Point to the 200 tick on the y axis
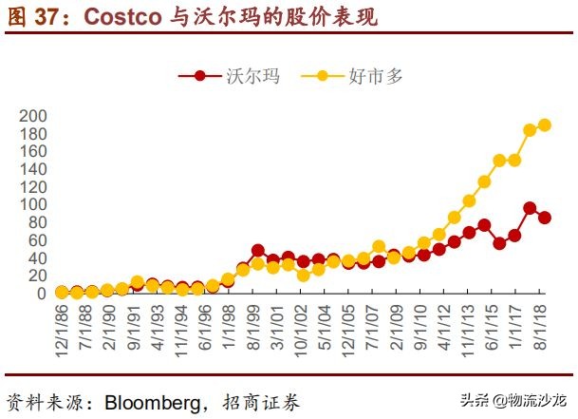click(x=31, y=115)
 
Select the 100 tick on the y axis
click(x=31, y=204)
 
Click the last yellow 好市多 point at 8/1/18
click(x=545, y=124)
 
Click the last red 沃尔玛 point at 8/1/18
click(x=545, y=218)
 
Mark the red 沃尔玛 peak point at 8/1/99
click(x=258, y=251)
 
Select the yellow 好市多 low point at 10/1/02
click(x=304, y=276)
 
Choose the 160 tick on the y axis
click(x=31, y=151)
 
